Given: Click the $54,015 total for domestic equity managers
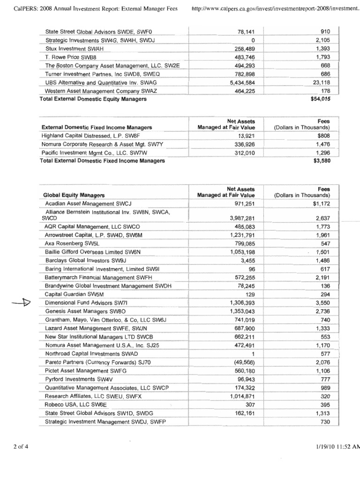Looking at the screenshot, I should (x=321, y=99).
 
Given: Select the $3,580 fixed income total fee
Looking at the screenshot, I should (x=322, y=161).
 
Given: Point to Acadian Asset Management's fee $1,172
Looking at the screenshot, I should (x=320, y=204).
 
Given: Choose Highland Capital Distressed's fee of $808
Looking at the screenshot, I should (x=322, y=136).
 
